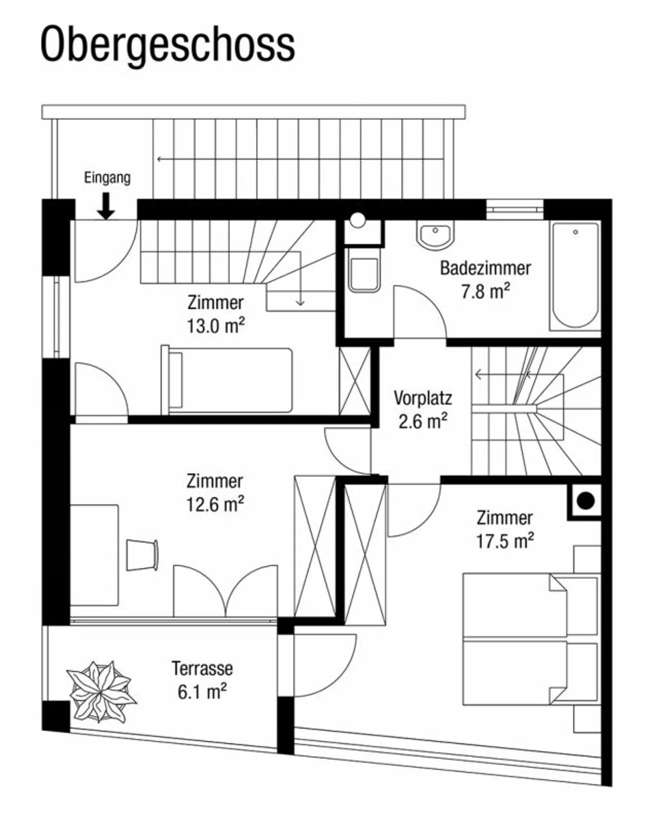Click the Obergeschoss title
(x=168, y=45)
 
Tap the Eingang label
(x=107, y=178)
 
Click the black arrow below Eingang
(x=106, y=206)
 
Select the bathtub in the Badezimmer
(x=575, y=276)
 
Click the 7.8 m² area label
(x=485, y=292)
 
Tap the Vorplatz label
(x=423, y=398)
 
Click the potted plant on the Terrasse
(x=101, y=691)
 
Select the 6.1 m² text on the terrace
(x=202, y=692)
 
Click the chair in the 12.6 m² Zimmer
(x=142, y=555)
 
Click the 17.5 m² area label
(x=504, y=541)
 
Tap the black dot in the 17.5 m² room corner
(x=585, y=501)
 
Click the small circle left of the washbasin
(x=357, y=220)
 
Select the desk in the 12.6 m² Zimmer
(x=95, y=555)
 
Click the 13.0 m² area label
(x=215, y=326)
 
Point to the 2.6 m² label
(x=423, y=422)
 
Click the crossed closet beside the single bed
(x=355, y=381)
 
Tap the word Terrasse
(x=202, y=668)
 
